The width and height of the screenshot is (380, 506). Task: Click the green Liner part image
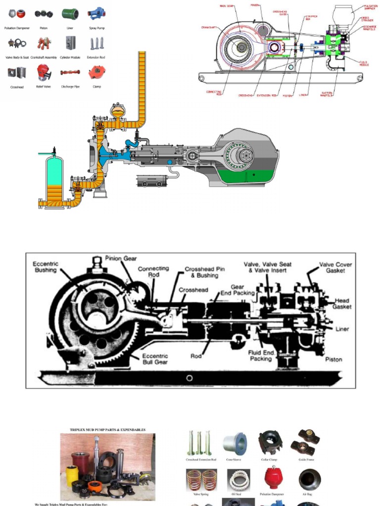[x=70, y=13]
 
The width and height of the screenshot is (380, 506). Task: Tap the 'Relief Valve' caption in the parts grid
[x=44, y=86]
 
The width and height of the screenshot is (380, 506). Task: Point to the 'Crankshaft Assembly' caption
[x=44, y=57]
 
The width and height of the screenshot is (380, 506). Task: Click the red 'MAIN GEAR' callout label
[x=227, y=6]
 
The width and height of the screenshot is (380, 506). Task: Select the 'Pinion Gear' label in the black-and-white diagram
[x=121, y=258]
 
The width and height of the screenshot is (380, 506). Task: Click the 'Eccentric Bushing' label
[x=46, y=267]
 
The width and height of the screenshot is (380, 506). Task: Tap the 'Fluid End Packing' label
[x=260, y=356]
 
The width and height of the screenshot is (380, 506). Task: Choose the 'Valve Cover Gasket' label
[x=335, y=267]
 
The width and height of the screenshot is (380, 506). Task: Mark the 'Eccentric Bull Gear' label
[x=155, y=359]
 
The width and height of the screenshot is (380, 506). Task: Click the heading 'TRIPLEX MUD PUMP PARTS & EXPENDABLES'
[x=108, y=430]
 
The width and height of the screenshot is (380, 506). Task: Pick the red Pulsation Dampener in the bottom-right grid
[x=270, y=478]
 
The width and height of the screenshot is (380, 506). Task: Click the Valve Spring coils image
[x=201, y=480]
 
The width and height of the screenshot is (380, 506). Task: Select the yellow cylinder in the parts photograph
[x=72, y=476]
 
